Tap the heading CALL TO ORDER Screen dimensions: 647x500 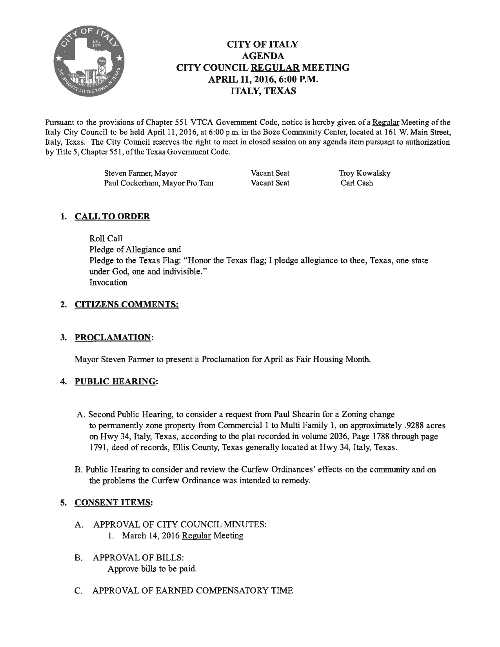112,216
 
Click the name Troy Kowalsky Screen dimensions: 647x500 365,173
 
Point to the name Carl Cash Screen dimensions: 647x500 357,183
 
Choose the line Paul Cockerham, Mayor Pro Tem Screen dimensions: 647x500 158,183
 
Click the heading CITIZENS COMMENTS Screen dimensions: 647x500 127,304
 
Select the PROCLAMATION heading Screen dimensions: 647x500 113,337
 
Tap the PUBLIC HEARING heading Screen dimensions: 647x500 115,381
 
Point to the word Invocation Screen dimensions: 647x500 108,282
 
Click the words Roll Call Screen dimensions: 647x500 106,238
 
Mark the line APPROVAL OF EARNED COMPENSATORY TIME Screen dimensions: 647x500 193,591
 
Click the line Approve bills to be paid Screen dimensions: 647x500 152,569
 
